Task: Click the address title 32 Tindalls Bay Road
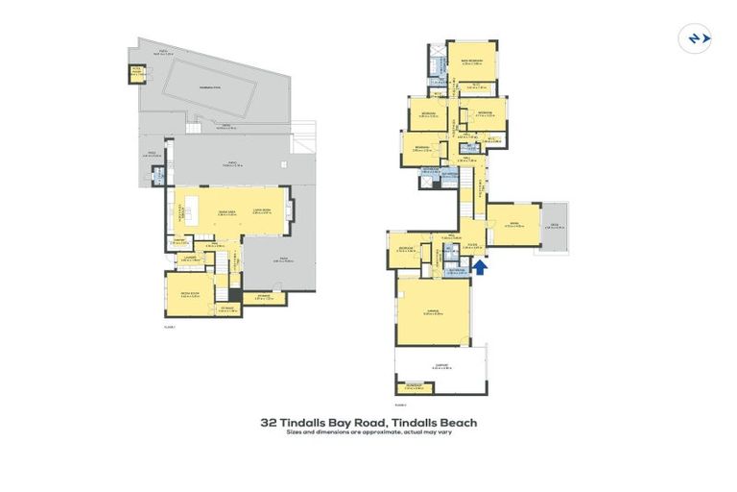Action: [368, 422]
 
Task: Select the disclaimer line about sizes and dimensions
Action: [368, 432]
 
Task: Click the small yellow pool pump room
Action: [137, 72]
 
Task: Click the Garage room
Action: [432, 310]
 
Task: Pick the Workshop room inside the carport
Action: [414, 386]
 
